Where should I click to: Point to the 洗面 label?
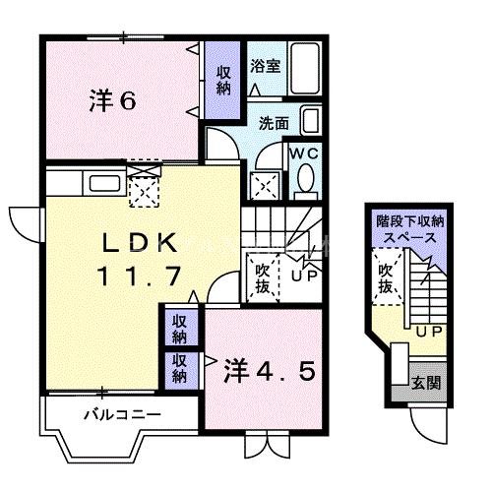coord(274,124)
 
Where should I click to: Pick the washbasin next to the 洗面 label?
coord(310,123)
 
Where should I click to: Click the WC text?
coord(303,154)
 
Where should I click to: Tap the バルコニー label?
coord(122,414)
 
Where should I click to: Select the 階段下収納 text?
coord(407,222)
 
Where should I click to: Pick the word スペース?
coord(407,239)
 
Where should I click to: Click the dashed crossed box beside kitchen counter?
coord(144,187)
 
